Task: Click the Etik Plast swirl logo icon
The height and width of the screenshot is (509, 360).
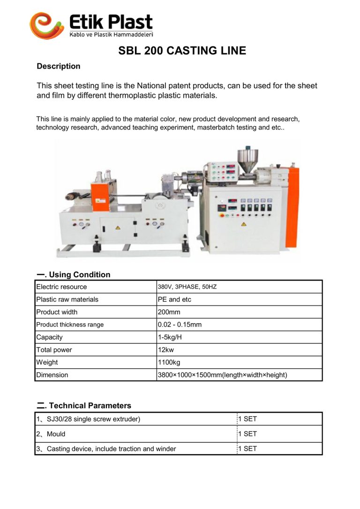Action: click(46, 25)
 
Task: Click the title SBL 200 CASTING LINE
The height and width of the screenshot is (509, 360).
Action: click(182, 51)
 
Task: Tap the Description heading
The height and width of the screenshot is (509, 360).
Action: click(59, 66)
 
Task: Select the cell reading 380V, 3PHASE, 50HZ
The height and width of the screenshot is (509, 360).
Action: click(187, 287)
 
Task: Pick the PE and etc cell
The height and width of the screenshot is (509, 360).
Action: click(174, 299)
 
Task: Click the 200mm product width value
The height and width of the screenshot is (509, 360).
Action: click(169, 312)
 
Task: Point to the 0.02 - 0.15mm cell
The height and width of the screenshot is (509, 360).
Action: click(180, 325)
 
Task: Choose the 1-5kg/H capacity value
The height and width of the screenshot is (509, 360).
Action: click(170, 337)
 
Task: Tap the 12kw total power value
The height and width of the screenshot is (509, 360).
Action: click(167, 350)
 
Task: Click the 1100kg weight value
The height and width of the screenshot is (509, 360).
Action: click(169, 362)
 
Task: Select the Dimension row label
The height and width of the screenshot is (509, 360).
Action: click(52, 375)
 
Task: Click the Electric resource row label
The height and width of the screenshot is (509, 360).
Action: click(61, 287)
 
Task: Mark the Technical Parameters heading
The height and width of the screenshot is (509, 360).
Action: click(90, 405)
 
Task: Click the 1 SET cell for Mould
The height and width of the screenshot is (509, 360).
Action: click(247, 434)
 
